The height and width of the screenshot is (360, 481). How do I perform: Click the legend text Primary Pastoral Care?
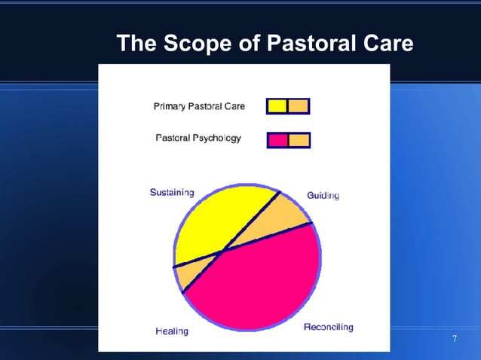[199, 106]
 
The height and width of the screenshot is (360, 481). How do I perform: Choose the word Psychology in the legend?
[217, 139]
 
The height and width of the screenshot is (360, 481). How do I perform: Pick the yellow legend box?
[277, 106]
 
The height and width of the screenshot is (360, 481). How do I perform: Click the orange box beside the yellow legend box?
[299, 106]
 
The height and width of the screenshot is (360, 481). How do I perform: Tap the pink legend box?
[277, 140]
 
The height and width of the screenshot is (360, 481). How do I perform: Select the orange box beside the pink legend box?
[299, 140]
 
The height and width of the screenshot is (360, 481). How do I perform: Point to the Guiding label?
[323, 196]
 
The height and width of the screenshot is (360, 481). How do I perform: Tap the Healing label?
[171, 331]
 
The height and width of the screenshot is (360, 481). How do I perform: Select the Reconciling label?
[328, 328]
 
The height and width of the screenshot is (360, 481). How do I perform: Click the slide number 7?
[454, 339]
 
